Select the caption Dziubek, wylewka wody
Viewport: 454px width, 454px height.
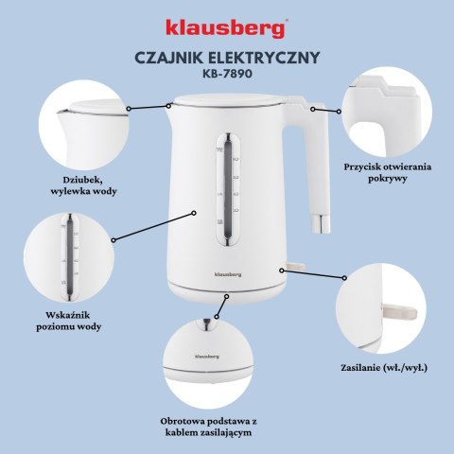point(78,182)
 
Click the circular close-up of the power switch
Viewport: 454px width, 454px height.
point(387,306)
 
